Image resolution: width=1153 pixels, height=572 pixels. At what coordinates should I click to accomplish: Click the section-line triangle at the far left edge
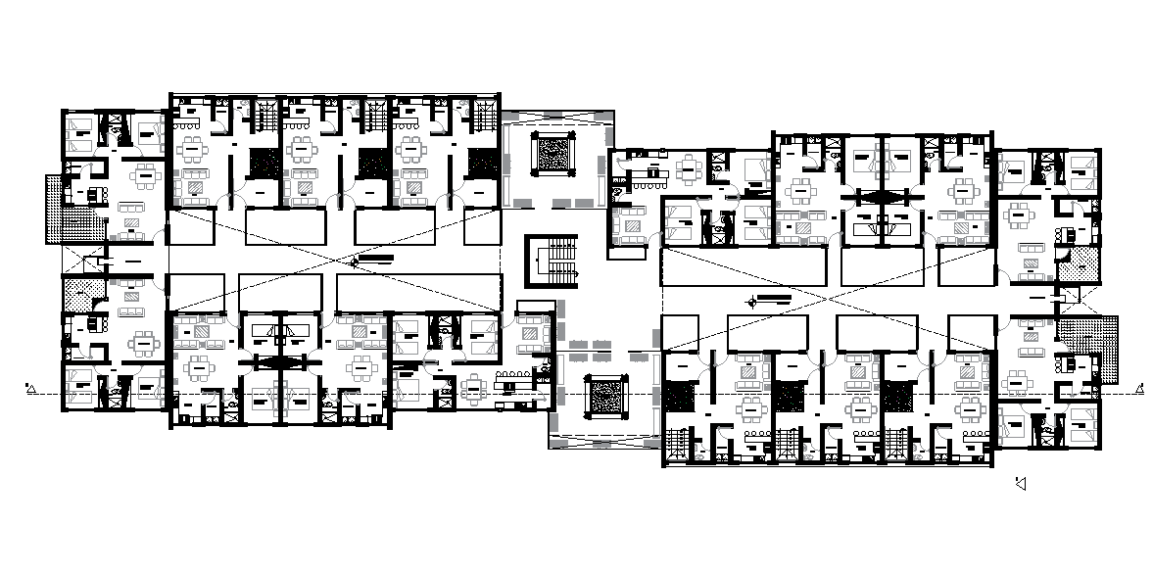(31, 391)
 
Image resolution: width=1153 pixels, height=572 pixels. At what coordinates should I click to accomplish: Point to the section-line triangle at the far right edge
(1140, 390)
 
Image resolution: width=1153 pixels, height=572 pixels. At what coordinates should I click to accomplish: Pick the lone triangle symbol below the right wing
(1022, 483)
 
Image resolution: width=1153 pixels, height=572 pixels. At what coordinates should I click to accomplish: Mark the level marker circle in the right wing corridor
(750, 301)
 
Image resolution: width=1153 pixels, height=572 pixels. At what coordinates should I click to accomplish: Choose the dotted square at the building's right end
(1083, 263)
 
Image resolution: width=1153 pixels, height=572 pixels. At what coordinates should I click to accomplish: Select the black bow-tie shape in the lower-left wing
(281, 361)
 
